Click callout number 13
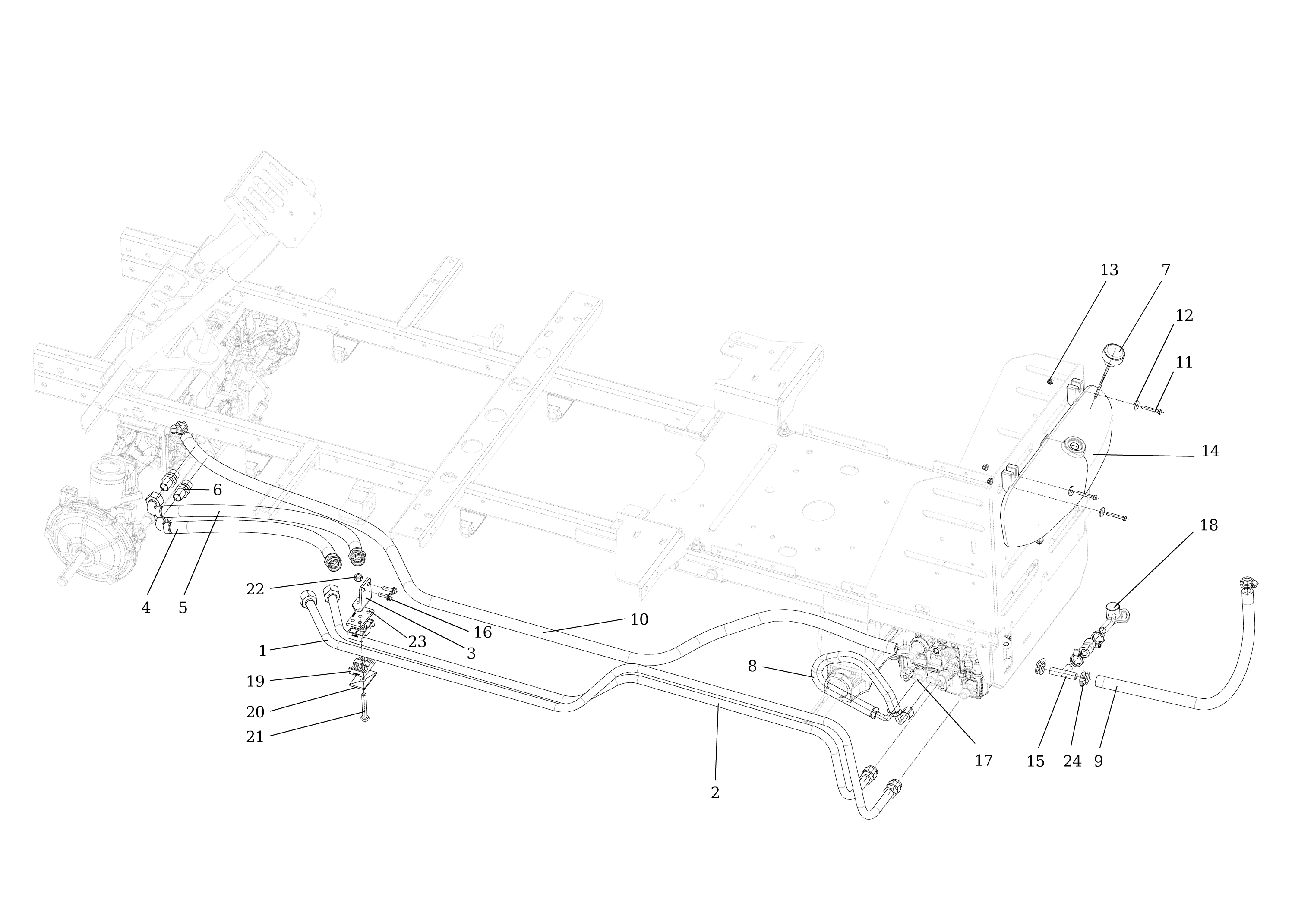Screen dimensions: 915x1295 [1109, 270]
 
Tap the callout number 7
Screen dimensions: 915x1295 [1166, 270]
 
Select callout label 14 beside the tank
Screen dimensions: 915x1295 [1210, 452]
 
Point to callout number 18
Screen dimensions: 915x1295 [1209, 525]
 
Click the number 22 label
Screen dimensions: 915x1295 [255, 590]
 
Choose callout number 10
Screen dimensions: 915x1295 [639, 619]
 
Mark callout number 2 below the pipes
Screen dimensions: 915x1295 [715, 792]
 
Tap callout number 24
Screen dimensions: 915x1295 [1072, 762]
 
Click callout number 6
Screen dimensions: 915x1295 [217, 491]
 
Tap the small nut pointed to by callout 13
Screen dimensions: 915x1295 [1050, 382]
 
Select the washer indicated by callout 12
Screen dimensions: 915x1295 [1137, 406]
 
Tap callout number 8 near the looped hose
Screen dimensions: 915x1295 [752, 667]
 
